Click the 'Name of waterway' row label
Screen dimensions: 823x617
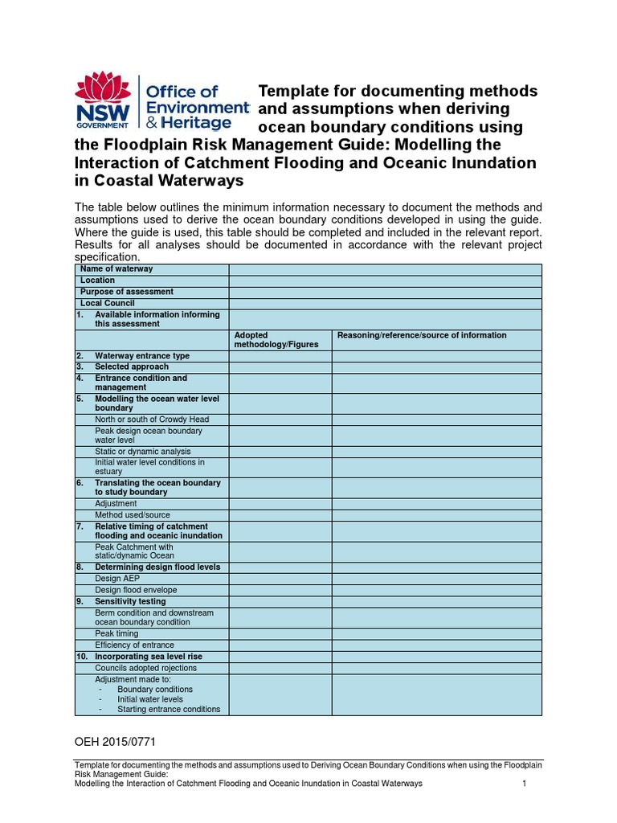[x=116, y=269]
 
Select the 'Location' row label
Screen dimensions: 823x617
[x=98, y=280]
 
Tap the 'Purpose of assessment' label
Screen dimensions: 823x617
[x=127, y=292]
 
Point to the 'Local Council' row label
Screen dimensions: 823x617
[x=108, y=303]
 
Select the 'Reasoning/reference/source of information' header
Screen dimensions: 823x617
[x=422, y=335]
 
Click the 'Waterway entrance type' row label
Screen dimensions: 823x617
[x=142, y=355]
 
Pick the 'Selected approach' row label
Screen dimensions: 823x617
[x=132, y=366]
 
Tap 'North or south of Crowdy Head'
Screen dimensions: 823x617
[x=152, y=420]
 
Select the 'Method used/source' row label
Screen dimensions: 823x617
[x=133, y=515]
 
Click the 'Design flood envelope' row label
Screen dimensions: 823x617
[x=136, y=590]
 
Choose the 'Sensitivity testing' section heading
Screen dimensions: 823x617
[x=130, y=601]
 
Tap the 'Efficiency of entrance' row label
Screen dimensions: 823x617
[x=134, y=645]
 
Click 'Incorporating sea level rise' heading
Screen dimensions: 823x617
[x=149, y=657]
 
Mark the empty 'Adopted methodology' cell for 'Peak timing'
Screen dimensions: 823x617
[x=280, y=634]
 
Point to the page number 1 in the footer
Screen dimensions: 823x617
[x=524, y=784]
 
